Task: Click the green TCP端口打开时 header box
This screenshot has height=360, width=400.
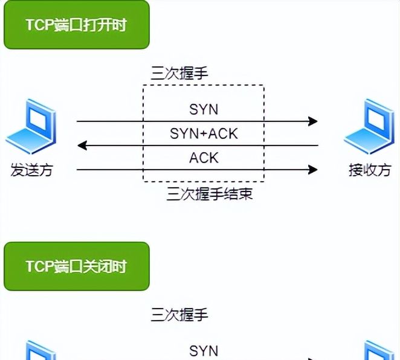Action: point(76,25)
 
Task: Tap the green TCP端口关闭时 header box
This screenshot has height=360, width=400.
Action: point(76,266)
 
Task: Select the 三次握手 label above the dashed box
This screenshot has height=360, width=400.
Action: point(179,74)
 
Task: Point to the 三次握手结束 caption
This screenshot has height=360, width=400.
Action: point(209,194)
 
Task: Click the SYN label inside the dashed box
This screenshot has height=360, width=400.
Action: point(204,109)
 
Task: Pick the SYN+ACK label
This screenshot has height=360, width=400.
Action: point(204,133)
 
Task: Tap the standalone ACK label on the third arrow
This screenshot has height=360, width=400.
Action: point(204,158)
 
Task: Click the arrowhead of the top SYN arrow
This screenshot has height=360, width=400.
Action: point(312,121)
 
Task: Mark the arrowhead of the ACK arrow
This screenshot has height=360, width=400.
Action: point(312,170)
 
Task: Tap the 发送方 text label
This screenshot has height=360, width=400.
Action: point(31,170)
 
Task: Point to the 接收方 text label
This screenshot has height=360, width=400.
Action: point(369,170)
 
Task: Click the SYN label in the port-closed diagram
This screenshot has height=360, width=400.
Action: point(204,351)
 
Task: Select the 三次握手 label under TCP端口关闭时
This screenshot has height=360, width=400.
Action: point(179,315)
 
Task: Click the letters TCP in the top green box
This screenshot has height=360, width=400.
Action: point(39,25)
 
